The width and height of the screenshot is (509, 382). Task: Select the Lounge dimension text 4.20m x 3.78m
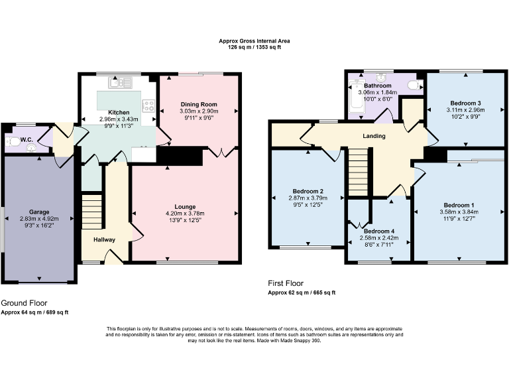click(x=184, y=214)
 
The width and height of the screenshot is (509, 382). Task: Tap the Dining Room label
click(x=199, y=104)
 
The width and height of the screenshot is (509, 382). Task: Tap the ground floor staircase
click(x=92, y=210)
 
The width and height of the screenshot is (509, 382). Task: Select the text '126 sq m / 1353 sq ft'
click(x=254, y=48)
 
